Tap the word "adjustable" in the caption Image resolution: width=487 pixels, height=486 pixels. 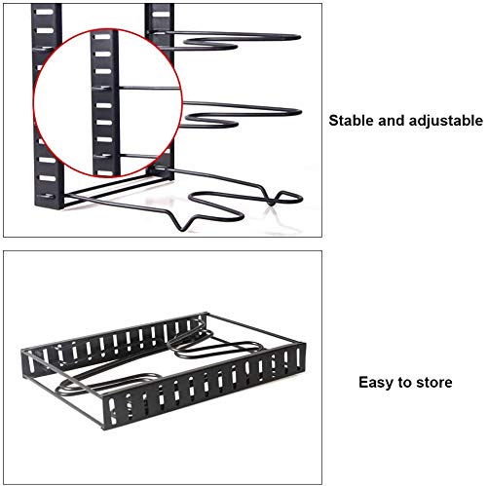(x=446, y=121)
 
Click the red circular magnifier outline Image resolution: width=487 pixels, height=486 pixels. (x=34, y=103)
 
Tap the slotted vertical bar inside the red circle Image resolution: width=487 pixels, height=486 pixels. (x=105, y=103)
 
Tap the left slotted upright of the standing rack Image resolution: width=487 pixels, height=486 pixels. (x=47, y=107)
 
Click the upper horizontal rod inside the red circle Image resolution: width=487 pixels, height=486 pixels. (x=149, y=88)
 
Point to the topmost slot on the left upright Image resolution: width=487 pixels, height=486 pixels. (x=45, y=13)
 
